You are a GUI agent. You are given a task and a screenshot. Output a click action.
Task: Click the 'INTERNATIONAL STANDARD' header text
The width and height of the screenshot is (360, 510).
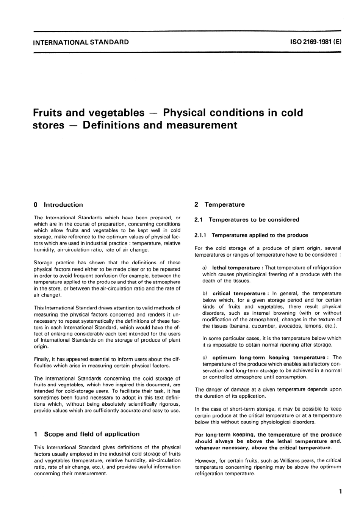click(x=81, y=42)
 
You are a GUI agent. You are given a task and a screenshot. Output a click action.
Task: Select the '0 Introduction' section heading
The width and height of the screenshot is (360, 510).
click(x=58, y=205)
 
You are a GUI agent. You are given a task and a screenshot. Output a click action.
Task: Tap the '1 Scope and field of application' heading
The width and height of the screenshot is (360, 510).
click(x=86, y=434)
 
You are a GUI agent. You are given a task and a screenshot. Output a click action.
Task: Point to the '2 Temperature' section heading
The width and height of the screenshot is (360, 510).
click(x=220, y=204)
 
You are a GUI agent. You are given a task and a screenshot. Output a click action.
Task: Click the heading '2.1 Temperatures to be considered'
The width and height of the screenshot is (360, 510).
click(x=247, y=220)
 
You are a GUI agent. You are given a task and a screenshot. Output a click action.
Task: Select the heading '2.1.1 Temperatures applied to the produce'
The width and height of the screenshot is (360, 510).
click(x=251, y=235)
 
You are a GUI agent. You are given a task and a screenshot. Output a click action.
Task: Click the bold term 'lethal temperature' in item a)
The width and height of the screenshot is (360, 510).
click(x=236, y=268)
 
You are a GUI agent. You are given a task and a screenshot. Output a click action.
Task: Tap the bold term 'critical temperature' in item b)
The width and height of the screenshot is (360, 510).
click(x=239, y=293)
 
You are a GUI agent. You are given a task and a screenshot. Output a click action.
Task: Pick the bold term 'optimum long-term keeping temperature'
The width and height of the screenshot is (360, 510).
click(x=269, y=357)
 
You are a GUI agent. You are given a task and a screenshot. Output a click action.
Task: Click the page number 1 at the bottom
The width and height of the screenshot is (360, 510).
click(x=340, y=492)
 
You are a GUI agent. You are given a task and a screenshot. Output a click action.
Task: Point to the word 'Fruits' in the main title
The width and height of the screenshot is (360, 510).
click(x=49, y=113)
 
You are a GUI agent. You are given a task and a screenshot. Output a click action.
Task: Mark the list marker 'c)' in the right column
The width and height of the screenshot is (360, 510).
click(x=205, y=357)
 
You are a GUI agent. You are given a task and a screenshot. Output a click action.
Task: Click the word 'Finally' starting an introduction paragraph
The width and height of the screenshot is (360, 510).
click(x=42, y=359)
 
